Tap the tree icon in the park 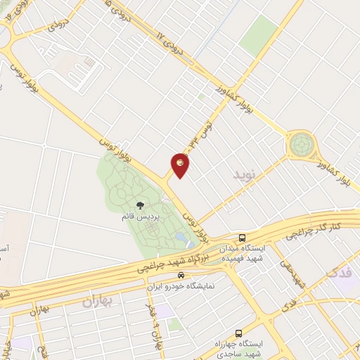point(140,206)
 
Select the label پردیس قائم point(139,217)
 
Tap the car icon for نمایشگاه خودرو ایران point(181,276)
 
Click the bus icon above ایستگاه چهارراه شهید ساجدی point(238,333)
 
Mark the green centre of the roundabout point(302,146)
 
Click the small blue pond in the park point(183,238)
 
